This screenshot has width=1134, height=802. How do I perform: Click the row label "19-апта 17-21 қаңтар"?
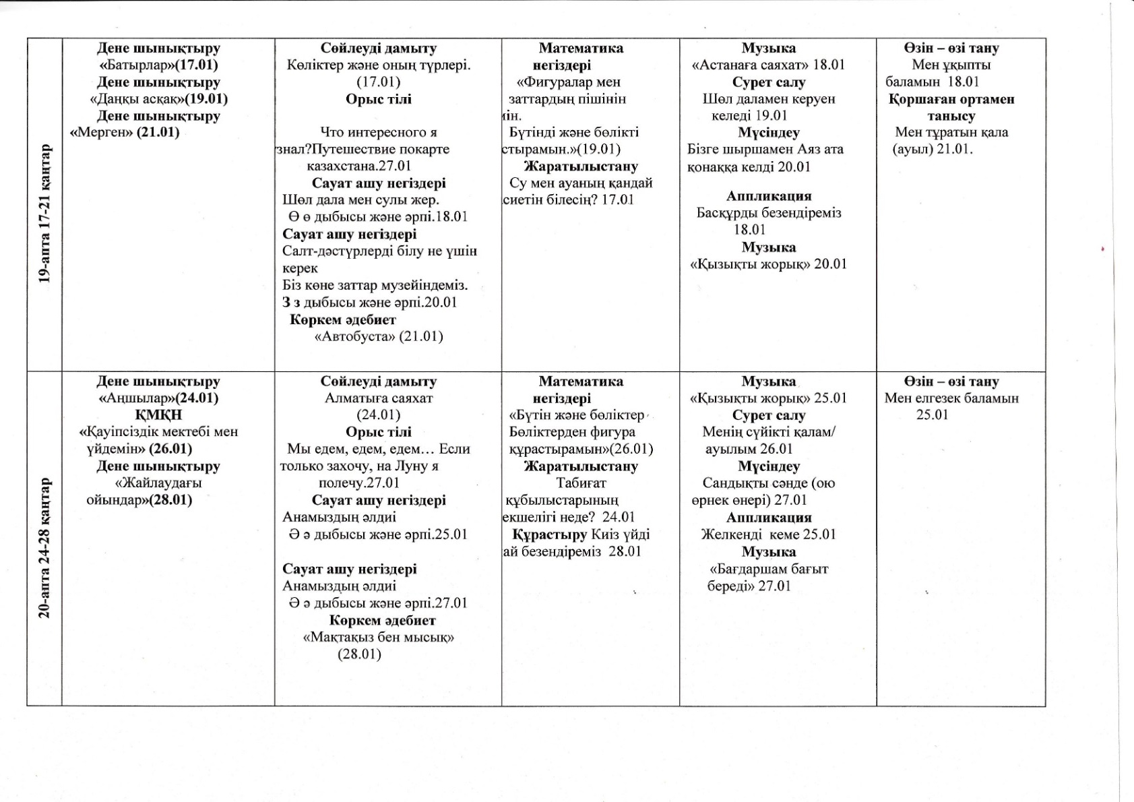[x=44, y=212]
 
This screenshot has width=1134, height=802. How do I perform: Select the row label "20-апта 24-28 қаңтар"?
[x=44, y=547]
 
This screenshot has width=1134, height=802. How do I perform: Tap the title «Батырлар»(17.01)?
[x=158, y=65]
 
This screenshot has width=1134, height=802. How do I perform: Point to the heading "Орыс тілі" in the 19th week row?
[x=379, y=99]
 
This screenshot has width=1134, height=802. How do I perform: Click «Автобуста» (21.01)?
[x=379, y=336]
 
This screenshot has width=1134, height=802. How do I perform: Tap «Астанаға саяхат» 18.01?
[x=768, y=65]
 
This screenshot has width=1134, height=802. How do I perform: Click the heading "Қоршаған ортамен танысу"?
[x=951, y=107]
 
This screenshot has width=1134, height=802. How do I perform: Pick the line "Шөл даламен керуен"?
[x=768, y=99]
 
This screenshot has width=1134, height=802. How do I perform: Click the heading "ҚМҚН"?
[x=158, y=415]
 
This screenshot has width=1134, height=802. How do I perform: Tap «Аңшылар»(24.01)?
[x=158, y=398]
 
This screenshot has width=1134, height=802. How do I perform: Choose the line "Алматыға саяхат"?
[x=379, y=398]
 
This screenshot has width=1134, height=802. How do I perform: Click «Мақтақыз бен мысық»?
[x=379, y=638]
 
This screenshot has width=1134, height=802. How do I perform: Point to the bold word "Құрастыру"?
[x=549, y=534]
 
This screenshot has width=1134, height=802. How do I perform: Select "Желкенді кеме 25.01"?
[x=768, y=534]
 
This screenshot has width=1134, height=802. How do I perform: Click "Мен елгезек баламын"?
[x=951, y=398]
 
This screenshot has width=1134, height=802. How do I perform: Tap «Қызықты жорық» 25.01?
[x=768, y=398]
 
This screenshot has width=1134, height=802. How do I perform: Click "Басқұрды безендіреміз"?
[x=768, y=213]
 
